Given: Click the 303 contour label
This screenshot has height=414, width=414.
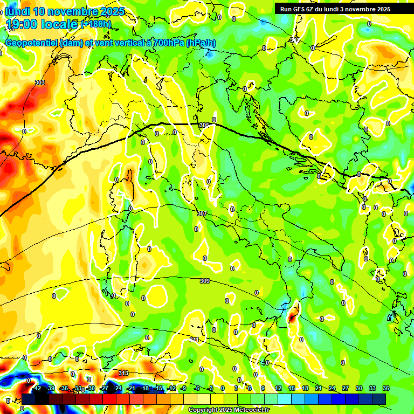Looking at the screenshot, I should [x=39, y=82].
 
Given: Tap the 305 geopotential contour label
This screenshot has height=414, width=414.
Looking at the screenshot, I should [x=204, y=125].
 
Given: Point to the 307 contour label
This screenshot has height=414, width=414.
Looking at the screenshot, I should [x=202, y=214].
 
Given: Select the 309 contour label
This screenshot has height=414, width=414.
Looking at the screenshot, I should [x=205, y=281].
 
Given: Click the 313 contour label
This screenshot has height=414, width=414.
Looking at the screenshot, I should [x=123, y=373].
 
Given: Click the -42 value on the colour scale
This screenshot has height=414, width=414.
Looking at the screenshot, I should [x=37, y=388].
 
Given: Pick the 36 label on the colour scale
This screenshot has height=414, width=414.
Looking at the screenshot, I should [x=386, y=388].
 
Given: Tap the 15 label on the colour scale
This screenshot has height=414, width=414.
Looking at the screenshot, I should [x=291, y=388].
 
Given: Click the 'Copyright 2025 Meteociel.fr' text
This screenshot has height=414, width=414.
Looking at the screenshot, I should [x=229, y=410].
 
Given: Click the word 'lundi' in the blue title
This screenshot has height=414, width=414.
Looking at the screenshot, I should [x=17, y=11].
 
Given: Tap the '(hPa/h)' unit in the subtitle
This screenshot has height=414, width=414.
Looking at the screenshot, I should [x=203, y=43].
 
